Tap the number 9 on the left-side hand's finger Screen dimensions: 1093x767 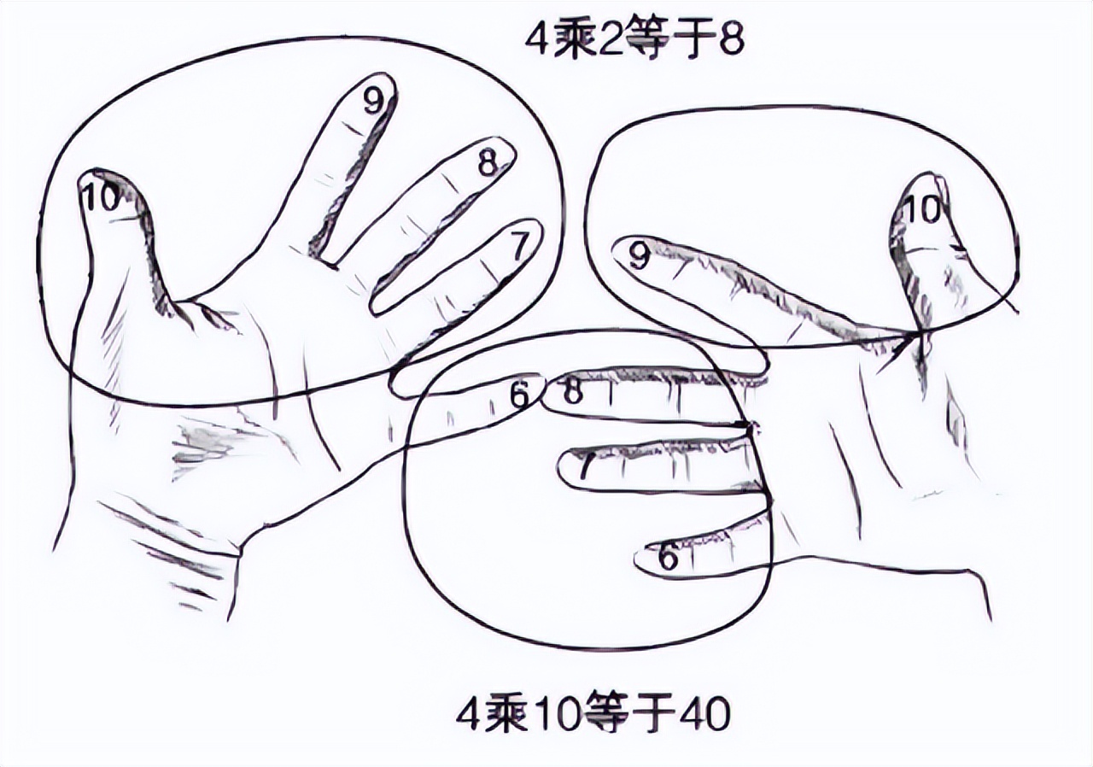point(373,102)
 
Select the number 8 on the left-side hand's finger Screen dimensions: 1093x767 point(487,164)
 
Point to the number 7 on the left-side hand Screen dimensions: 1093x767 point(518,245)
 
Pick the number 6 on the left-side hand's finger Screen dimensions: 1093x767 point(520,395)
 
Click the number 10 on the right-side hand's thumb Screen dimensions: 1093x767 point(924,211)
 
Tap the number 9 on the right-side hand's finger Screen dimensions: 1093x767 point(640,256)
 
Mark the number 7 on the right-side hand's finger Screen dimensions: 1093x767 point(587,467)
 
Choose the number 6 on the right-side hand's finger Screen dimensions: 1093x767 point(669,557)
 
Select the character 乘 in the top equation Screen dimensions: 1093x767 point(575,42)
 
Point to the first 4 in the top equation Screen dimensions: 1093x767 point(538,42)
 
